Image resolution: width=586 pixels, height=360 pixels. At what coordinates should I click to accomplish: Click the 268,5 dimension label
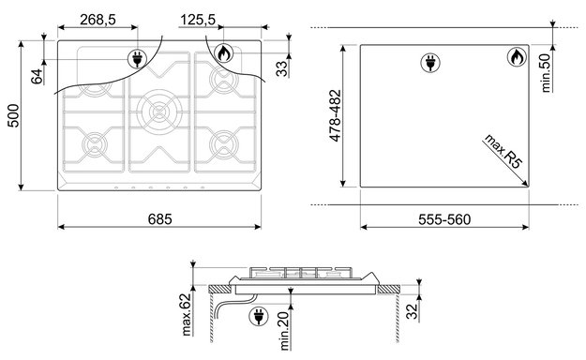coord(98,20)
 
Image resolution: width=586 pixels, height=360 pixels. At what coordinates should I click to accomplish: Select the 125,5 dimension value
coord(198,20)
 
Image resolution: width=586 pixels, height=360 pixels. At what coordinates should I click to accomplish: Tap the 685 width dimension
coord(160,219)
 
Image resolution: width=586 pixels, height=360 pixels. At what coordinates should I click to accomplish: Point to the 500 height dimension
coord(13,116)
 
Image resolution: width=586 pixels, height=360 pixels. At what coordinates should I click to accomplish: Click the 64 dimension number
coord(37,77)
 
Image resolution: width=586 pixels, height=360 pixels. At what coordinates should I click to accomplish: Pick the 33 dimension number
coord(282,68)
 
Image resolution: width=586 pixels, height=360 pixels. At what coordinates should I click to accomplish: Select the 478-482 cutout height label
coord(335,115)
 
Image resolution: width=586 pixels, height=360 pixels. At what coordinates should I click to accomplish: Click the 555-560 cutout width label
coord(444,219)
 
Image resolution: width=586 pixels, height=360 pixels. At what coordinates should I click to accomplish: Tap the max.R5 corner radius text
coord(503,151)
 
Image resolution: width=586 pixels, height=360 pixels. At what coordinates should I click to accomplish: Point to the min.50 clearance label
coord(546,73)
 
